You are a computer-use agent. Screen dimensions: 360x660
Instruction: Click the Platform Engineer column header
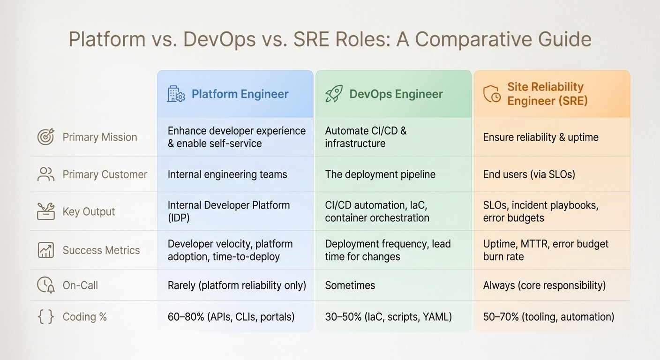(240, 94)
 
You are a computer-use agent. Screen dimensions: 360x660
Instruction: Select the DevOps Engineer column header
(396, 94)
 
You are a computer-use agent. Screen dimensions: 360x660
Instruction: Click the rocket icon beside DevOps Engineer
(334, 94)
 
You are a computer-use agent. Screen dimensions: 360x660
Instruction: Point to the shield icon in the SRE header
(492, 94)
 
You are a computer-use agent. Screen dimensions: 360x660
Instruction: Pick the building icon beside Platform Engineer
(176, 94)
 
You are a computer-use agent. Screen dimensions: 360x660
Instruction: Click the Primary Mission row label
(100, 137)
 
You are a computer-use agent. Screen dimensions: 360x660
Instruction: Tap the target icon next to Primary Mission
(46, 137)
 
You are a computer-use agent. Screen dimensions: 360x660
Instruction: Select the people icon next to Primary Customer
(46, 174)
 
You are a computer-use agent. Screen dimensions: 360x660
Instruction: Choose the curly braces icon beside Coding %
(46, 317)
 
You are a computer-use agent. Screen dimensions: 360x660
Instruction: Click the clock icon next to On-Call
(46, 285)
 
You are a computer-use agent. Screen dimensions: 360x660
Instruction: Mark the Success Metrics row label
(101, 250)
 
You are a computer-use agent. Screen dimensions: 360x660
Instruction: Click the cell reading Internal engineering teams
(227, 175)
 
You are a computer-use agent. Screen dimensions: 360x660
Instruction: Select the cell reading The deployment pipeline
(380, 175)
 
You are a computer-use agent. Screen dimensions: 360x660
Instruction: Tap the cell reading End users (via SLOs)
(529, 175)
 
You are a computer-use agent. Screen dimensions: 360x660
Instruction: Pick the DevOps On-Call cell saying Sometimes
(350, 285)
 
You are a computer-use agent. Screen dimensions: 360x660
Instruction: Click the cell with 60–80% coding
(231, 317)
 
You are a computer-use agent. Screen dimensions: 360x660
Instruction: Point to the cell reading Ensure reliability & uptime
(540, 137)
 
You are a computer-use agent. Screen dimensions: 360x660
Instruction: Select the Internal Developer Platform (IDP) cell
(229, 211)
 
